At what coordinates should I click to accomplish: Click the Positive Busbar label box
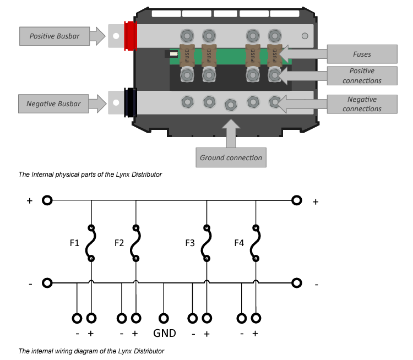coord(54,36)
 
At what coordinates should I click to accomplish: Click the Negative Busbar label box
coord(53,103)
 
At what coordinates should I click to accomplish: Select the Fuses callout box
coord(362,54)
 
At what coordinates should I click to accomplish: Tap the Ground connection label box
coord(231,157)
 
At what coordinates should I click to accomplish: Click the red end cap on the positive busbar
coord(131,36)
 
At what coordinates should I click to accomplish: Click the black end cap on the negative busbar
coord(131,103)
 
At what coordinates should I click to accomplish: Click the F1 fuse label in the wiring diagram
coord(74,243)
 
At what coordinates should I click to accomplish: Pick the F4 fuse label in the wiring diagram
coord(238,243)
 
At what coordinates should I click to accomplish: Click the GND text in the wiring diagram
coord(164,333)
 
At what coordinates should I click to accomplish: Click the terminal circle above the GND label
coord(164,318)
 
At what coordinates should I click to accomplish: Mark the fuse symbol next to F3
coord(206,243)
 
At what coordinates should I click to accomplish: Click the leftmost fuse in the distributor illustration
coord(187,55)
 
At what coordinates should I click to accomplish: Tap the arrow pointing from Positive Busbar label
coord(97,36)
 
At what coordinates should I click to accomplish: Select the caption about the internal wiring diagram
coord(91,351)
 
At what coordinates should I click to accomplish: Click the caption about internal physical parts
coord(90,174)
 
